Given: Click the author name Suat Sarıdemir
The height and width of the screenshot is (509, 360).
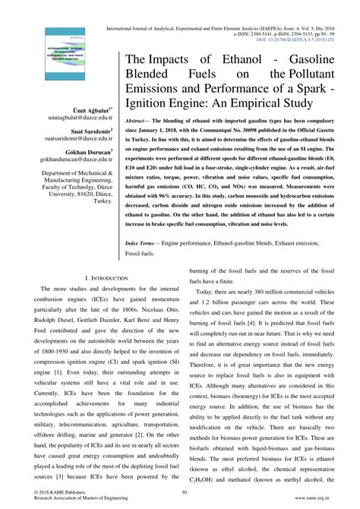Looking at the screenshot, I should tap(89, 131).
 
